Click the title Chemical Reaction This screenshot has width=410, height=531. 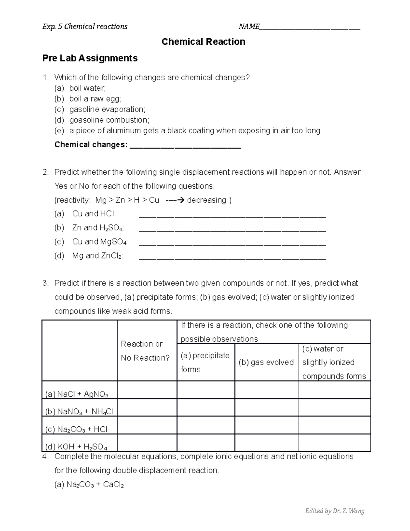[203, 42]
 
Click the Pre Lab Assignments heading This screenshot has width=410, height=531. [90, 58]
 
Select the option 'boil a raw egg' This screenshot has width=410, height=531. [95, 99]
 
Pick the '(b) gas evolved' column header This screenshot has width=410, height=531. [266, 362]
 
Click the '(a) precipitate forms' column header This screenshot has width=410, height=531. [205, 362]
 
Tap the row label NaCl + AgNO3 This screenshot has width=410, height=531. [77, 394]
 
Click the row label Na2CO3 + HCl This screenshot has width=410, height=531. [76, 429]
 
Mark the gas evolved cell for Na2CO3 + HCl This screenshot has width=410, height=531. [266, 425]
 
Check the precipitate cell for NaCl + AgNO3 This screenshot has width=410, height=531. [206, 390]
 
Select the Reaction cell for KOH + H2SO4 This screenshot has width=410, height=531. [147, 443]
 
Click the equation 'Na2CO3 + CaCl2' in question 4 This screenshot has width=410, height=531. [89, 485]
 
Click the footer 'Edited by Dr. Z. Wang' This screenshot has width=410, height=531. [334, 511]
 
